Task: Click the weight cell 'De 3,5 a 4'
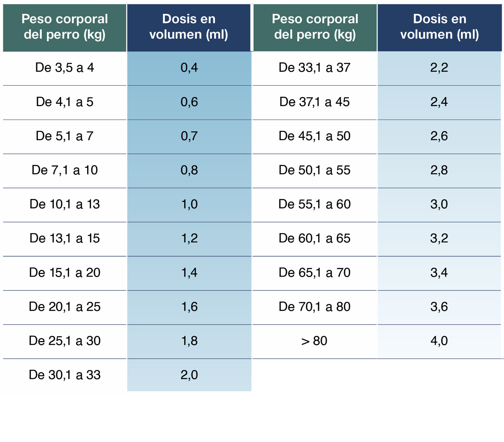(x=65, y=68)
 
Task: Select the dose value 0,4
(x=189, y=68)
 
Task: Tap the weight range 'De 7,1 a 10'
(x=65, y=170)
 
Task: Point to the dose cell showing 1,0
(x=189, y=204)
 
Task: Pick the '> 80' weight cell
(x=314, y=341)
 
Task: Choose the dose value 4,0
(x=439, y=341)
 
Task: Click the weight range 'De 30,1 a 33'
(x=65, y=375)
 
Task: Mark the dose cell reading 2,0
(x=189, y=375)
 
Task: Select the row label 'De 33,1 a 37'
(x=314, y=68)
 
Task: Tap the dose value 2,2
(x=439, y=68)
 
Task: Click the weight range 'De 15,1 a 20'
(x=65, y=273)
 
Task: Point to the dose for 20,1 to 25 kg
(x=189, y=307)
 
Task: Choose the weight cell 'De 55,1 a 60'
(x=314, y=204)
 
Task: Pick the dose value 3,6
(x=439, y=307)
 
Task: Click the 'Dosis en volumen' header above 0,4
(x=189, y=27)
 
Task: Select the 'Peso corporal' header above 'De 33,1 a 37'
(x=315, y=27)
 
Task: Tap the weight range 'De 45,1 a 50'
(x=314, y=136)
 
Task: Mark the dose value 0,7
(x=189, y=136)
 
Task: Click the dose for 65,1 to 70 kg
(x=439, y=273)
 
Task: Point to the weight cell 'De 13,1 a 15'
(x=65, y=238)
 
